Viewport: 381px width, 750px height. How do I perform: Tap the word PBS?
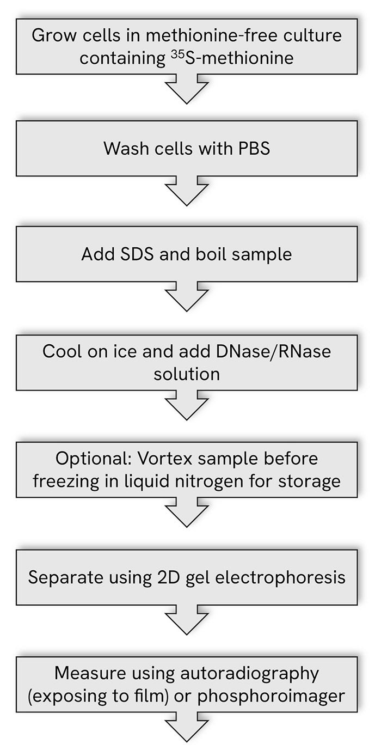click(254, 148)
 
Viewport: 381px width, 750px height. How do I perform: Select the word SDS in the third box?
click(136, 254)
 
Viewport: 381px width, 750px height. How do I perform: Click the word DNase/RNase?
click(273, 351)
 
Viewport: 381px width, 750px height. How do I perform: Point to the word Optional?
click(93, 459)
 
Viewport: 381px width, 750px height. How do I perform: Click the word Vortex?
click(165, 459)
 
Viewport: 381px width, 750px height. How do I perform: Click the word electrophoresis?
click(280, 577)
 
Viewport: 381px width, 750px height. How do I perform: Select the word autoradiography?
click(249, 674)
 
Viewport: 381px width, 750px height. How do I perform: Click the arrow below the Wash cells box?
click(187, 191)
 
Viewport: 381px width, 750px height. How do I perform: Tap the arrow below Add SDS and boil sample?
click(187, 296)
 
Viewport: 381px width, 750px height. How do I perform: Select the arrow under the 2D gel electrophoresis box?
click(187, 620)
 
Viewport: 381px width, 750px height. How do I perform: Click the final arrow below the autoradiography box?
click(187, 727)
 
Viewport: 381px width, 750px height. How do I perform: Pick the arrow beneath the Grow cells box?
click(187, 89)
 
